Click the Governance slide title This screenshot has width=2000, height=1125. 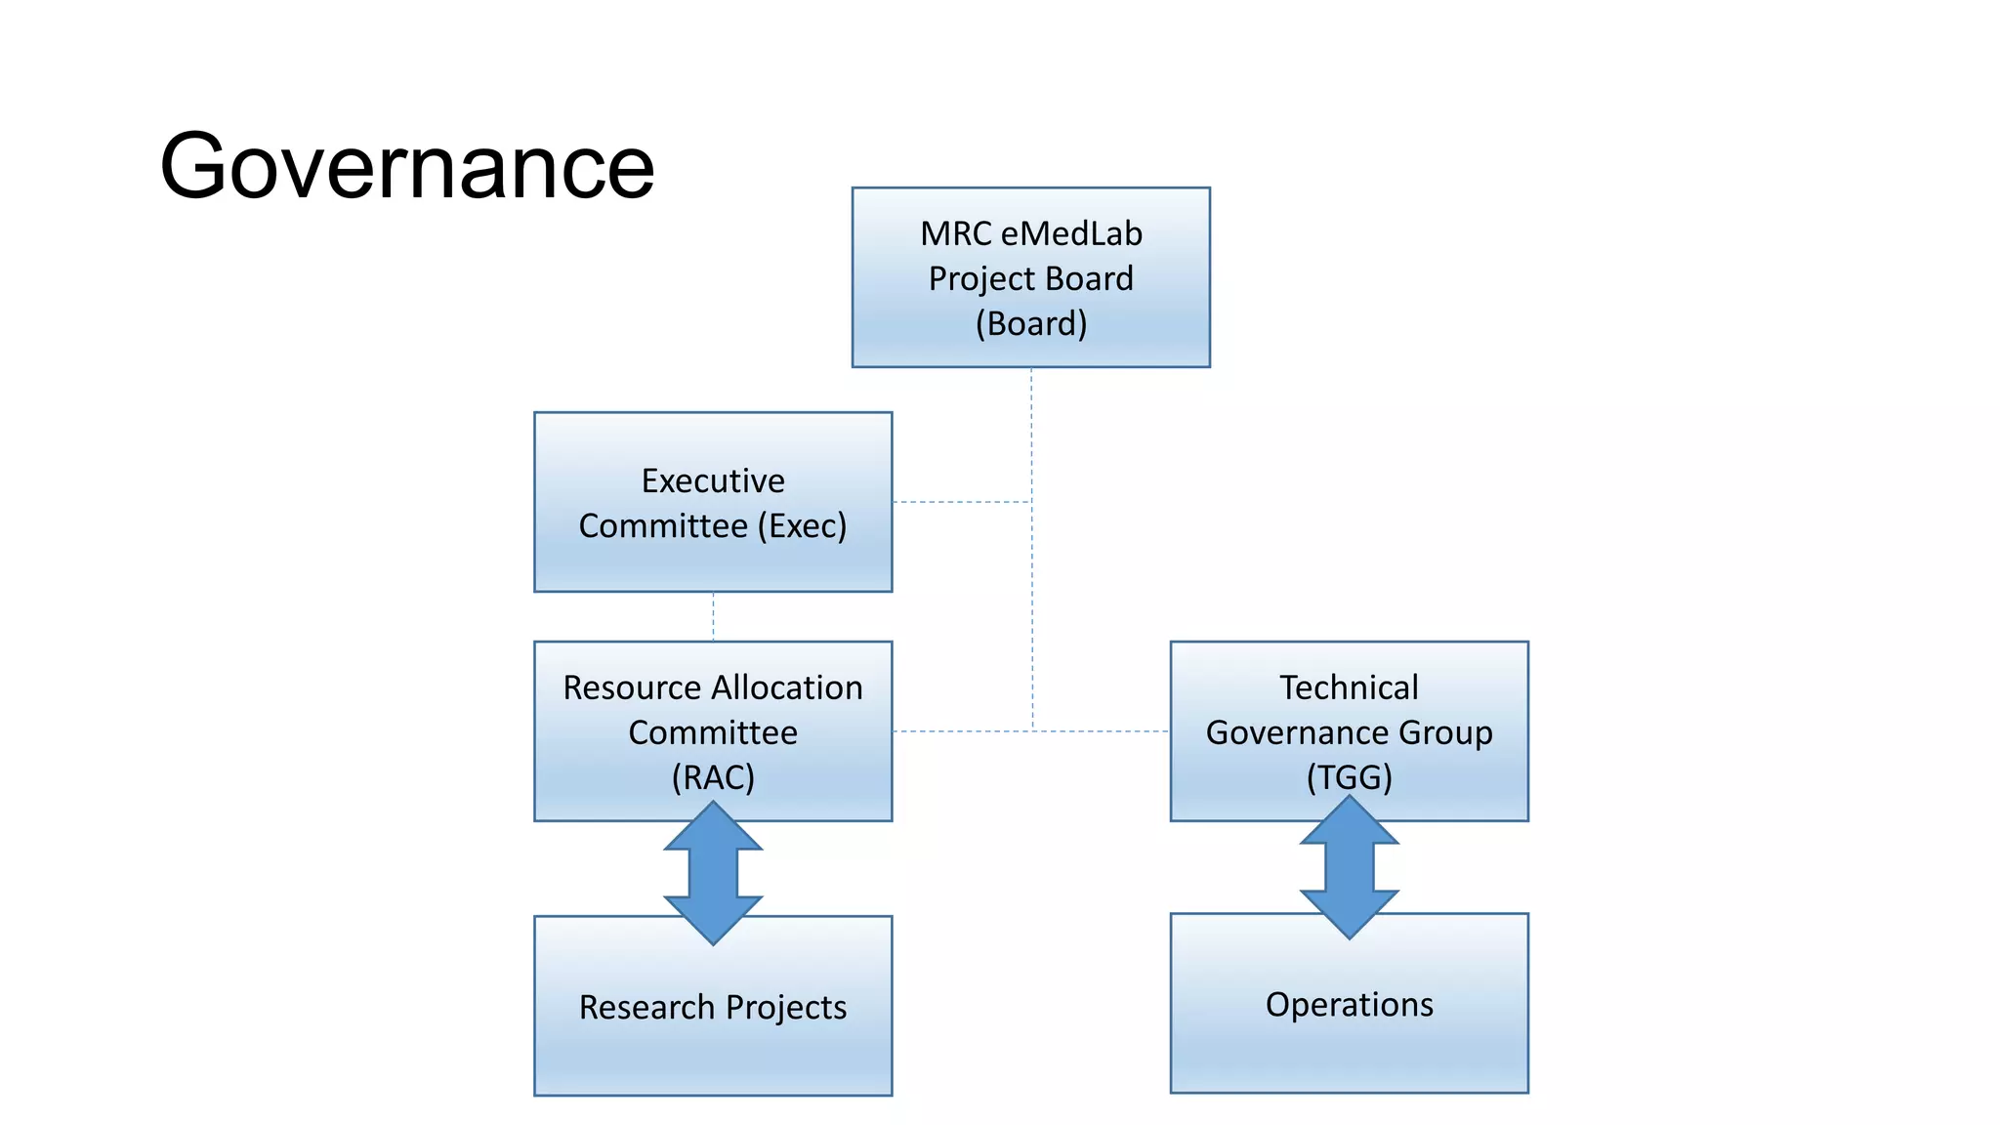tap(406, 166)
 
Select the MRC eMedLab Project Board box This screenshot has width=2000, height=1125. tap(1030, 277)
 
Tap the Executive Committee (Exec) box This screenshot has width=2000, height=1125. tap(713, 502)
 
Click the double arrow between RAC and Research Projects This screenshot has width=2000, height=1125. tap(713, 872)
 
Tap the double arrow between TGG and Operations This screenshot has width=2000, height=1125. tap(1349, 867)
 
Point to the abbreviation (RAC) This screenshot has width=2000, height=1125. tap(713, 777)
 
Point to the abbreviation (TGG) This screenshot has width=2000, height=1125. tap(1349, 777)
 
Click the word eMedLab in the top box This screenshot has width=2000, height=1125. tap(1071, 233)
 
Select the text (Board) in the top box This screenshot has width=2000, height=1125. tap(1030, 323)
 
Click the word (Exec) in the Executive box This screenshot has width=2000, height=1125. tap(802, 526)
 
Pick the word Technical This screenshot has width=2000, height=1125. tap(1349, 687)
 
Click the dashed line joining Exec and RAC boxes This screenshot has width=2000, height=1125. tap(713, 616)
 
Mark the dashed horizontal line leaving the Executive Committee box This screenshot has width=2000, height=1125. tap(962, 502)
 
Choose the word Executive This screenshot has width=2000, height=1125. tap(713, 480)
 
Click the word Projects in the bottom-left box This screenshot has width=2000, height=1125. tap(786, 1008)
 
